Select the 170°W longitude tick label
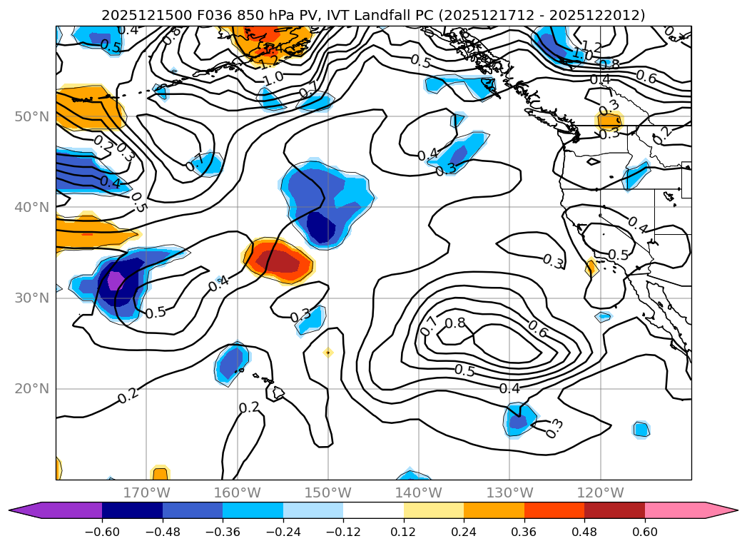(x=146, y=492)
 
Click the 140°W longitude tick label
(x=419, y=492)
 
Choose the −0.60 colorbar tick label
(x=102, y=533)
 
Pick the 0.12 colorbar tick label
(x=404, y=533)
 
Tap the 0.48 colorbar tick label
(x=584, y=533)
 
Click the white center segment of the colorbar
(x=373, y=510)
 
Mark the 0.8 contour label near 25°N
(x=454, y=323)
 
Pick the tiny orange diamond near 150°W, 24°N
(x=327, y=352)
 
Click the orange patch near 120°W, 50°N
(x=609, y=120)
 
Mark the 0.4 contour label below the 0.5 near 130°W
(x=509, y=388)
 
